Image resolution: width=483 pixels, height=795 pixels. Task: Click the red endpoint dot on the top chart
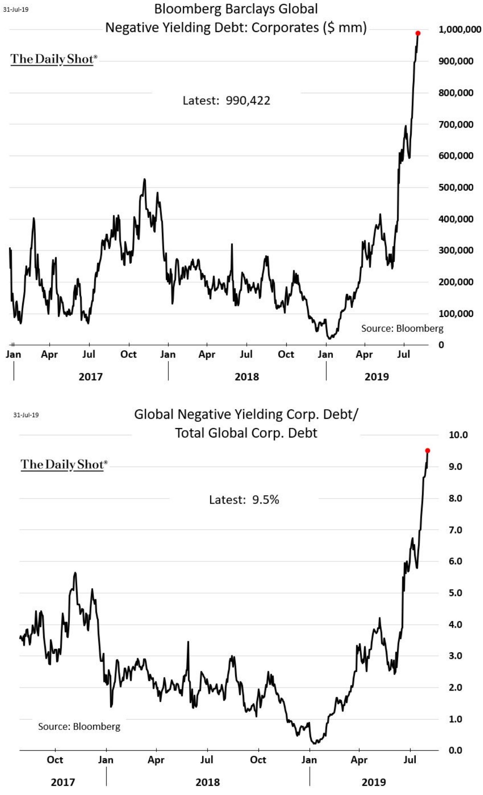click(x=418, y=33)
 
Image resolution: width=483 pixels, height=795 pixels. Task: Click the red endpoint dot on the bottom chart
click(x=428, y=450)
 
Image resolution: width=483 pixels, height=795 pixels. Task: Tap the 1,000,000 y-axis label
click(x=460, y=30)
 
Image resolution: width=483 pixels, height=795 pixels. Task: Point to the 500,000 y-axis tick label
click(x=456, y=187)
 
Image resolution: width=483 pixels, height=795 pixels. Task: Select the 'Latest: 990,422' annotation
click(x=226, y=101)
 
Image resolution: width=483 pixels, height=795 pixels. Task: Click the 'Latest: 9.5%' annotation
click(x=244, y=500)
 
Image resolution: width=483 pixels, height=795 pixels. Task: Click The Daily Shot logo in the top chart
click(x=54, y=59)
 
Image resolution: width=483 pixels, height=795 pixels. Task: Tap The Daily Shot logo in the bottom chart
click(x=64, y=464)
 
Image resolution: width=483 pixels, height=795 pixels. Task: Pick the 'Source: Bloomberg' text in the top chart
click(x=402, y=328)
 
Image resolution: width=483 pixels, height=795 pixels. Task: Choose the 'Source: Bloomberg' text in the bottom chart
click(x=79, y=727)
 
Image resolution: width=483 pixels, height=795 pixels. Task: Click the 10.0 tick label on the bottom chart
click(x=458, y=435)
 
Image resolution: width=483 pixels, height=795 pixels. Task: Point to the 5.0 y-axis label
click(x=455, y=593)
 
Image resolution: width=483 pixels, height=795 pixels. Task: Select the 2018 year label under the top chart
click(x=247, y=377)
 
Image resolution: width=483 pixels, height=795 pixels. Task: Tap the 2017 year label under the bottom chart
click(x=63, y=782)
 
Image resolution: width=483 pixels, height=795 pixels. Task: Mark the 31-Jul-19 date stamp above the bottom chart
click(x=26, y=415)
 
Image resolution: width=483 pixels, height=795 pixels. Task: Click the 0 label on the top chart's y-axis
click(x=441, y=345)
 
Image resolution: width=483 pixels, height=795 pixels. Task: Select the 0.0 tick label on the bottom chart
click(x=455, y=750)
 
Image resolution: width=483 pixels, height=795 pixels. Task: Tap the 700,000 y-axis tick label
click(x=456, y=124)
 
